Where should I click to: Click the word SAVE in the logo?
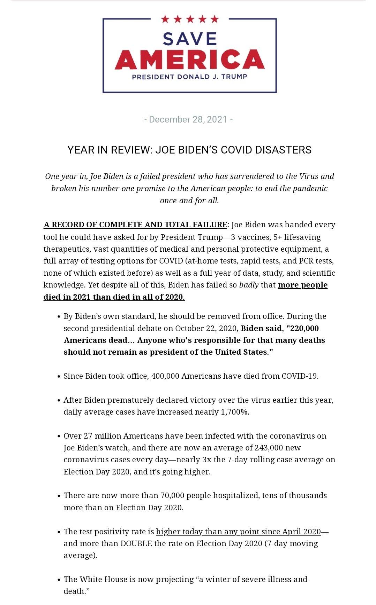coord(190,39)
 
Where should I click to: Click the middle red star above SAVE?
coord(190,19)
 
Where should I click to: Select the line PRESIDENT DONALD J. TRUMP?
coord(189,77)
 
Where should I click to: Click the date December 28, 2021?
coord(188,119)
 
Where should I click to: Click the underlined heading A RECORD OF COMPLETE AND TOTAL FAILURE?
coord(135,225)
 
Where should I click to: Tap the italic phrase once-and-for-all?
coord(189,201)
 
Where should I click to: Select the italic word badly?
coord(249,285)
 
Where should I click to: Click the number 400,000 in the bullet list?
coord(165,376)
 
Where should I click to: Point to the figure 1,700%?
coord(235,412)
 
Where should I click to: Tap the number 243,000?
coord(269,448)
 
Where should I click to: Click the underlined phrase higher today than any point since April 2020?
coord(238,532)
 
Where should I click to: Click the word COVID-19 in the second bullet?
coord(300,376)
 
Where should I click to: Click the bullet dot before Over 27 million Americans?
coord(59,436)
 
